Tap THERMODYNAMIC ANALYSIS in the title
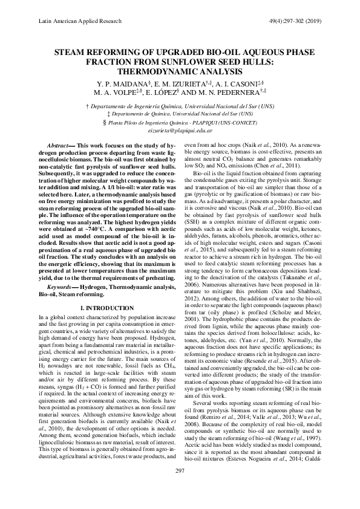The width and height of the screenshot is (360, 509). click(180, 71)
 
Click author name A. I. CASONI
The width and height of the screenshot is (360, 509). click(243, 83)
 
